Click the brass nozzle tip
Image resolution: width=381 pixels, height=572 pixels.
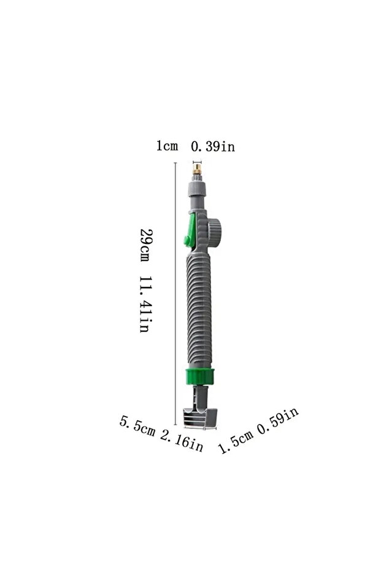coord(197,170)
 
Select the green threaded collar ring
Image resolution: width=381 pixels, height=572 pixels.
coord(199,377)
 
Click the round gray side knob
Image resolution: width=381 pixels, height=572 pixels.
coord(215,233)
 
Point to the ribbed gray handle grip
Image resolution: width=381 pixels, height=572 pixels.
coord(199,311)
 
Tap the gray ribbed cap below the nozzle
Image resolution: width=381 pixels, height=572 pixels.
coord(197,187)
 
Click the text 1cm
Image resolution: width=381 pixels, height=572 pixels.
coord(167,146)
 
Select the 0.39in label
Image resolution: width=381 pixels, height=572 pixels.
coord(213,146)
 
